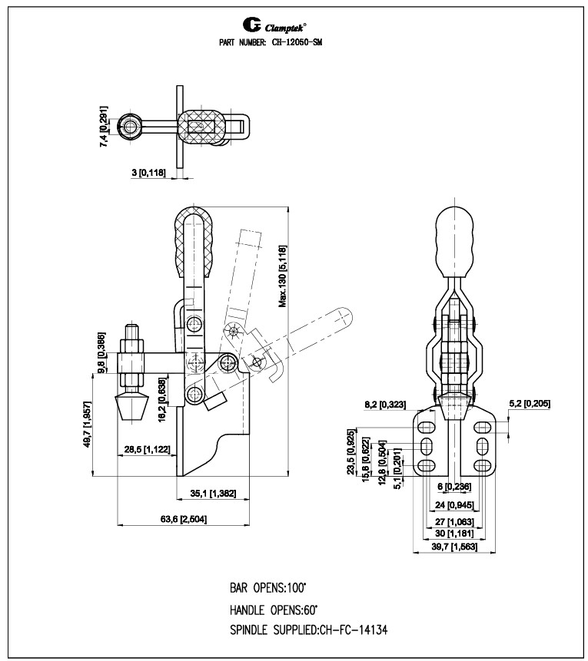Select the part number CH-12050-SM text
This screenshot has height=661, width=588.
pos(270,44)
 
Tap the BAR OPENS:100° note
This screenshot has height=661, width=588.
pos(267,589)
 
